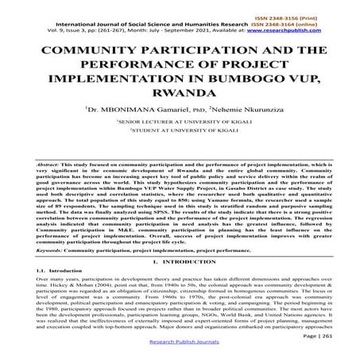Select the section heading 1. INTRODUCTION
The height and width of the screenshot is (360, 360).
point(180,262)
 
